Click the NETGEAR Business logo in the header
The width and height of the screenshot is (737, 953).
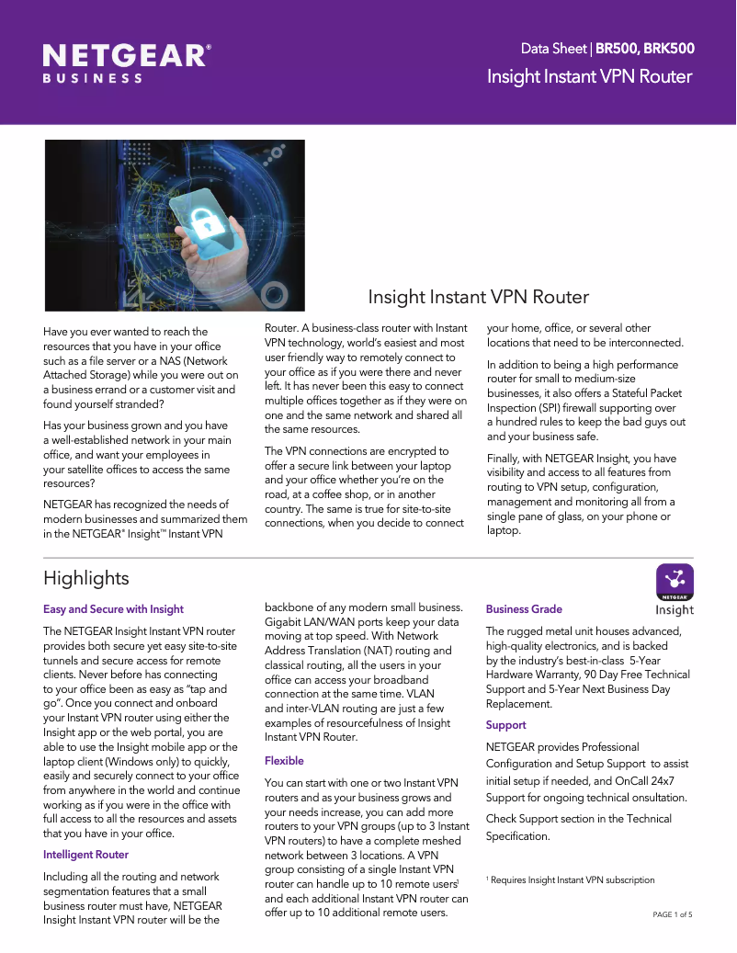pos(127,62)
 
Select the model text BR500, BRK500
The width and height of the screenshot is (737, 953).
pos(644,49)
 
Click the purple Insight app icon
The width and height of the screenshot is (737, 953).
pos(674,582)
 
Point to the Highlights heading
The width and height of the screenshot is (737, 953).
pos(86,578)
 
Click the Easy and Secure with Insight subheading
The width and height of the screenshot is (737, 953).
pos(113,609)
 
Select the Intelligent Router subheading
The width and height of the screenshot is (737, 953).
pos(85,855)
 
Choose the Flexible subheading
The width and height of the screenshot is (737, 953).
pos(284,761)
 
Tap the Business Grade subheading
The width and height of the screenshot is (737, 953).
pos(524,609)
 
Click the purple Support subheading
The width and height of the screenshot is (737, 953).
pos(505,725)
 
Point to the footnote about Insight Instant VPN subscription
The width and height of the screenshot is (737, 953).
pos(570,880)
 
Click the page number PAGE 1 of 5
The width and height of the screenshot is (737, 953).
pos(672,915)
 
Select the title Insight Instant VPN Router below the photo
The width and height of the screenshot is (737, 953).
pos(478,297)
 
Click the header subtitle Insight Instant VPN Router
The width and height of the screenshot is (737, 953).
pos(589,76)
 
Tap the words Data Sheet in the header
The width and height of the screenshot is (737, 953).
pos(554,49)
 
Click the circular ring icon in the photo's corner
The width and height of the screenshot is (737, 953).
pos(274,293)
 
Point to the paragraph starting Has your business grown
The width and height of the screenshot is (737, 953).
pos(137,454)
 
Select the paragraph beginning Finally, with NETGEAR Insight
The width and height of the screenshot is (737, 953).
pos(581,494)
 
